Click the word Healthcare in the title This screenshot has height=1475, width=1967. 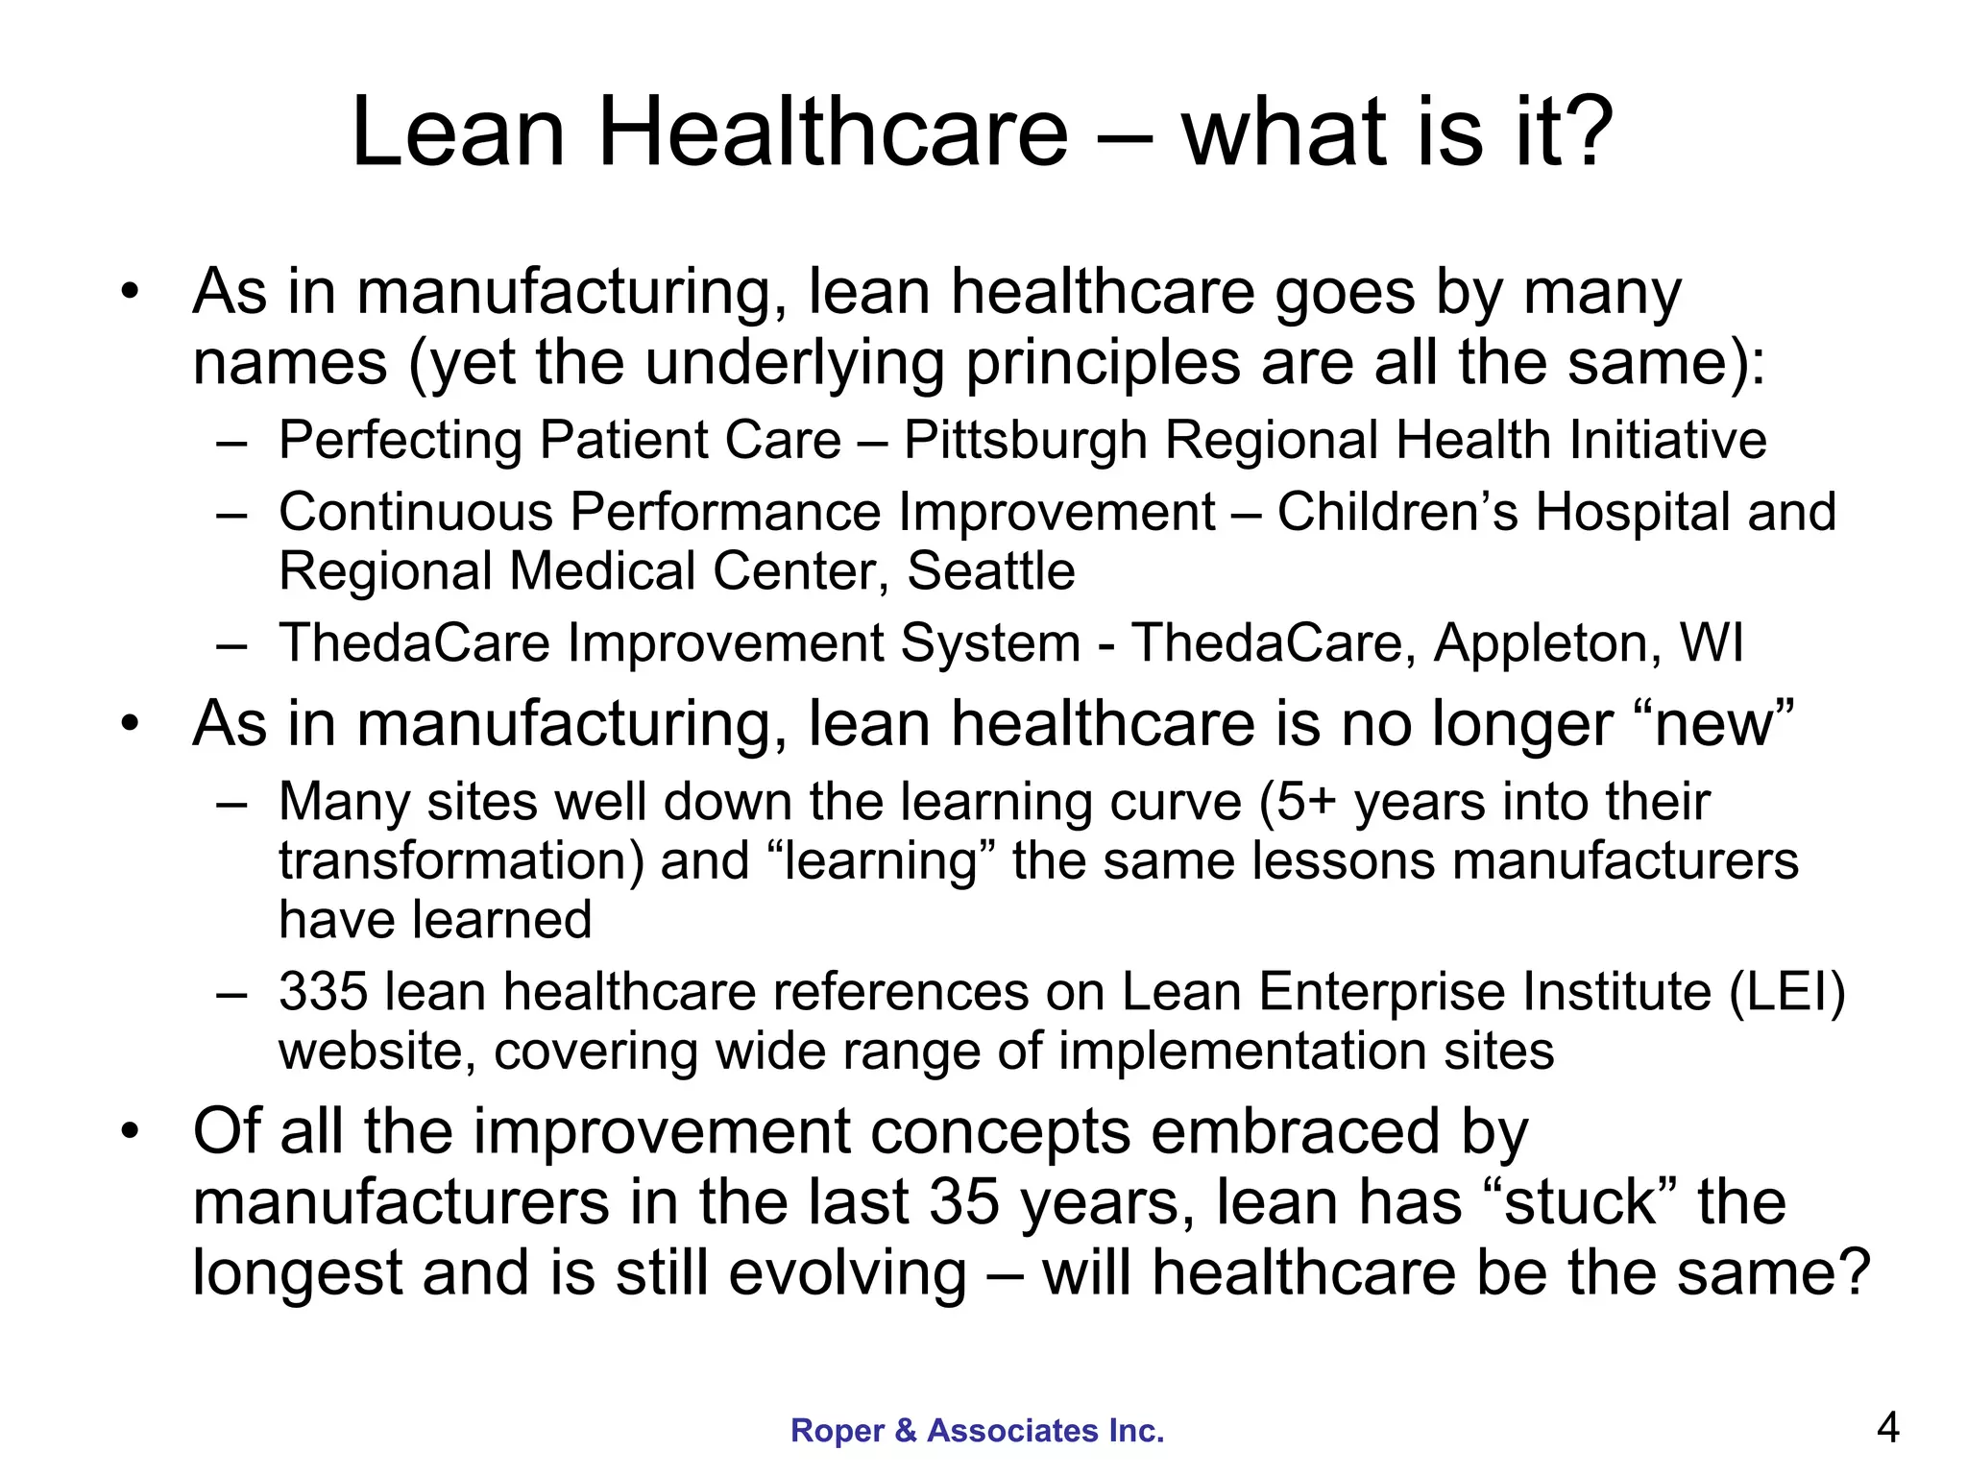tap(832, 133)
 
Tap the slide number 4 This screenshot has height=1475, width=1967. tap(1887, 1428)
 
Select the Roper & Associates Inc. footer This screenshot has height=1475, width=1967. tap(977, 1431)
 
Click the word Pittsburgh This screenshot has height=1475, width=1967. tap(1025, 441)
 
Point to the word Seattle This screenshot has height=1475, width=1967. tap(990, 571)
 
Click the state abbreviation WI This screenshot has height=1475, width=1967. tap(1712, 642)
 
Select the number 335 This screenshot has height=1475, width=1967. tap(323, 991)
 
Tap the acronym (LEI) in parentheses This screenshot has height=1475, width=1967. tap(1786, 992)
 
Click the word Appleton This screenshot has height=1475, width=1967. tap(1546, 643)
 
